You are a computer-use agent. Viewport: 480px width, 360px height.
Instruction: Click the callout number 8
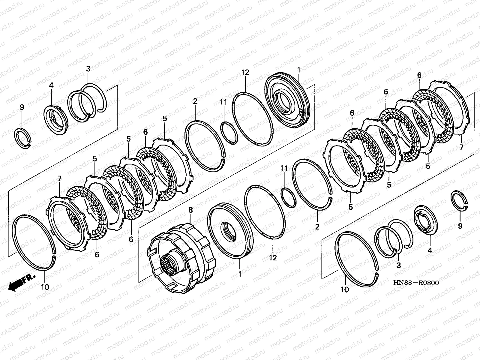click(x=190, y=210)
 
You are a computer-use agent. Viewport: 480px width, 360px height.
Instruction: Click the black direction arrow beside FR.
click(x=16, y=285)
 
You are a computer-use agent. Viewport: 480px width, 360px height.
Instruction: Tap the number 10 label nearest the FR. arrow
click(x=45, y=287)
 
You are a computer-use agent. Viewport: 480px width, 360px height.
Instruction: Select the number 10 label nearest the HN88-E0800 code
click(x=345, y=289)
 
